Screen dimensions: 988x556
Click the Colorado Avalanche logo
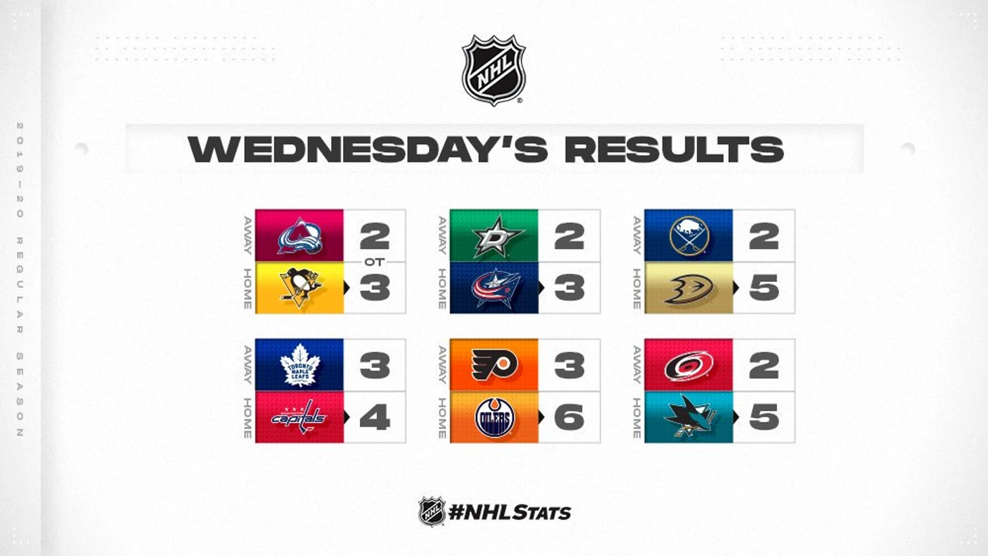click(x=300, y=236)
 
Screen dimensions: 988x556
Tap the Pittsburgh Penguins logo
click(x=300, y=287)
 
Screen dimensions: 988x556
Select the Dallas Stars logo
click(x=494, y=236)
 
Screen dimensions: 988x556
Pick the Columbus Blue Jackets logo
click(x=495, y=287)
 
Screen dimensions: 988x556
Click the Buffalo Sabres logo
click(x=689, y=236)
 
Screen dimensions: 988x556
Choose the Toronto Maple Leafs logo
click(x=300, y=365)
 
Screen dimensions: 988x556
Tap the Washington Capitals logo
click(x=299, y=417)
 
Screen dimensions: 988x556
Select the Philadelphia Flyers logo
click(x=495, y=365)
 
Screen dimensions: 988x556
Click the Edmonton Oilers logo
click(x=495, y=417)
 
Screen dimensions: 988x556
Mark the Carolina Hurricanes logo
click(x=689, y=365)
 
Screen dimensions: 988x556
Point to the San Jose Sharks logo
click(x=689, y=417)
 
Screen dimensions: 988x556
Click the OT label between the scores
click(x=374, y=262)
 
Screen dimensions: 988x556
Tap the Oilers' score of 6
click(x=569, y=417)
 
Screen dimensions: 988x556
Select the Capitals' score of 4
click(x=375, y=417)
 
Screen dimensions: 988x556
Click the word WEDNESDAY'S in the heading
click(x=368, y=149)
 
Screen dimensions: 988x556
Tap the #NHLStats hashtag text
click(x=510, y=513)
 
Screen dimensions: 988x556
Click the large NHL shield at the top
click(x=493, y=70)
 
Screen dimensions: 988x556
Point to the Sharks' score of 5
click(x=764, y=417)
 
